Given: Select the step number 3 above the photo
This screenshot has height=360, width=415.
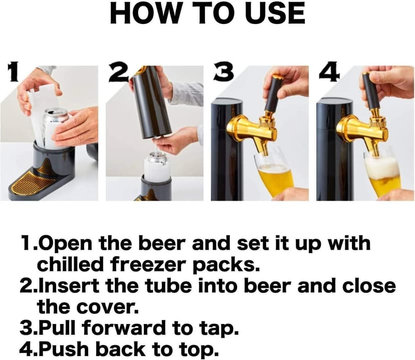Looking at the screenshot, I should point(222,72).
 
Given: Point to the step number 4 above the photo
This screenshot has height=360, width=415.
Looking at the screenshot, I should point(328,72).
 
